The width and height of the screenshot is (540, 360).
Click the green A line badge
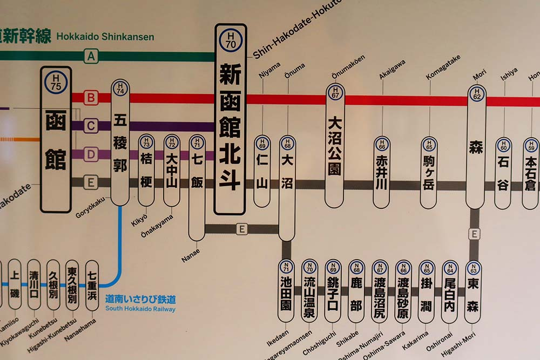coord(91,56)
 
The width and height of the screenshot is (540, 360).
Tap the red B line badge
coord(91,98)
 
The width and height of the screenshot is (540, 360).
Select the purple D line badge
coord(91,154)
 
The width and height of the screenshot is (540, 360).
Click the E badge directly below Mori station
coord(474,234)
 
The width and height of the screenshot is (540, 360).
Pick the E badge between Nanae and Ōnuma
coord(242,229)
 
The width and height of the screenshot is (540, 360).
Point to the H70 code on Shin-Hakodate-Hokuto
coord(231,40)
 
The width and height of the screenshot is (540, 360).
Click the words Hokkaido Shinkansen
coord(105,37)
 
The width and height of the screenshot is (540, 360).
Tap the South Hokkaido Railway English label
coord(140,309)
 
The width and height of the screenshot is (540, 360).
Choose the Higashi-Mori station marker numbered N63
coord(473,291)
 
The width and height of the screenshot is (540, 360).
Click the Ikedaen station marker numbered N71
coord(286,291)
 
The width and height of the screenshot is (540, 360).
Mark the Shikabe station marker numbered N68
coord(356,291)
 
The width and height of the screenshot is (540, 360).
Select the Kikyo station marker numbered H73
coord(146,170)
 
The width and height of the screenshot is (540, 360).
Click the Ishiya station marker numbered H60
coord(503,173)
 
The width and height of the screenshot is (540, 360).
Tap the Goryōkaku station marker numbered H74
coord(120,142)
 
